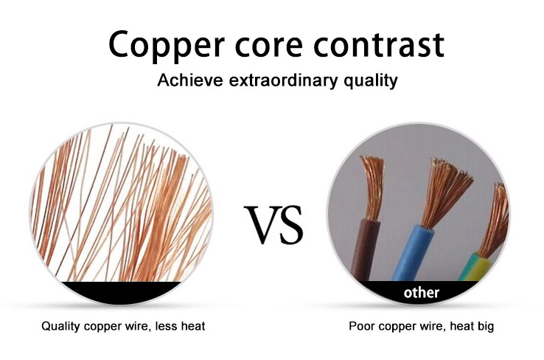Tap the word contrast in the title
tap(378, 44)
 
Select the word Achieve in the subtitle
tap(190, 80)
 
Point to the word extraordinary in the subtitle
tap(283, 80)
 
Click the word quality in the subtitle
tap(371, 81)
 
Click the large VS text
tap(273, 224)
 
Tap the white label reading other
tap(422, 292)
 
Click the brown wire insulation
tap(364, 249)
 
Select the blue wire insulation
tap(413, 253)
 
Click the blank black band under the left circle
tap(121, 291)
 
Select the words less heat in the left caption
tap(180, 326)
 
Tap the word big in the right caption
tap(485, 327)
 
